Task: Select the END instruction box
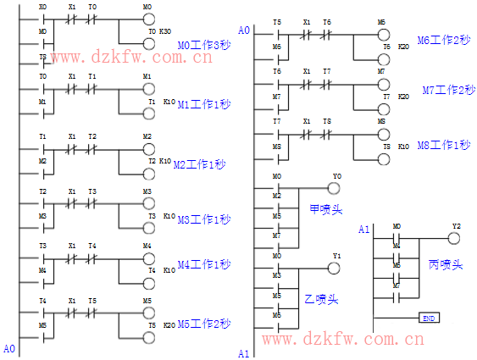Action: coord(429,318)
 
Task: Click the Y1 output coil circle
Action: coord(335,268)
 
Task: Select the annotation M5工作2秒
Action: coord(202,323)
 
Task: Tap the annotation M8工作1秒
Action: coord(444,145)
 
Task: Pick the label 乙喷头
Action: coord(321,299)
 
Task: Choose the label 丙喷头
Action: coord(446,264)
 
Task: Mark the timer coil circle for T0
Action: coord(149,43)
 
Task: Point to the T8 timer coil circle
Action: coord(384,158)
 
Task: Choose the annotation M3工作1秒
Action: coord(203,219)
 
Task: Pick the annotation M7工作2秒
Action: coord(448,90)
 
